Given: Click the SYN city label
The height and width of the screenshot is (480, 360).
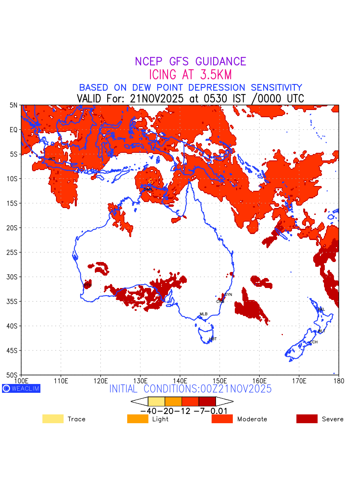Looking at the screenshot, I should [x=228, y=295].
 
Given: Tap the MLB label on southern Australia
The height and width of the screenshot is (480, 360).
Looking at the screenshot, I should [x=204, y=314].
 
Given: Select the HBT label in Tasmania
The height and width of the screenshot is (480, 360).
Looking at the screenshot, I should [x=213, y=339].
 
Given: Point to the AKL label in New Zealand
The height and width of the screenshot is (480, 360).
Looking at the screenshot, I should [x=321, y=310].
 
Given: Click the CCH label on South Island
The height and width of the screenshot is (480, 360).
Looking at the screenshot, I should [x=314, y=342].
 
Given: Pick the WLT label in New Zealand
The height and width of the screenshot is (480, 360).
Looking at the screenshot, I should [x=321, y=331].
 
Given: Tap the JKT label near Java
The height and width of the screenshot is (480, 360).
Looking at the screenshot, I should [x=52, y=159].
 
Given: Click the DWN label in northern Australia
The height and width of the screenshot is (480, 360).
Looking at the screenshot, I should [x=148, y=189].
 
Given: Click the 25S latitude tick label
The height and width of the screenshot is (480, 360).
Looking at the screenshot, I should [x=14, y=252].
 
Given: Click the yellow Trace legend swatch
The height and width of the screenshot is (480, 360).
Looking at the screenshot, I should [x=53, y=419].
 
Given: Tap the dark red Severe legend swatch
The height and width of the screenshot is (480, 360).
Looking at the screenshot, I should [x=307, y=419].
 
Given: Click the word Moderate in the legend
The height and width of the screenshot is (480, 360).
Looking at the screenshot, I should [x=252, y=419].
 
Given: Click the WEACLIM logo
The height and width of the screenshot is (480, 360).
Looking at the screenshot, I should [x=21, y=388].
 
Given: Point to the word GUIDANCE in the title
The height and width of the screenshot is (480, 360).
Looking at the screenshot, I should [x=220, y=62].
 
